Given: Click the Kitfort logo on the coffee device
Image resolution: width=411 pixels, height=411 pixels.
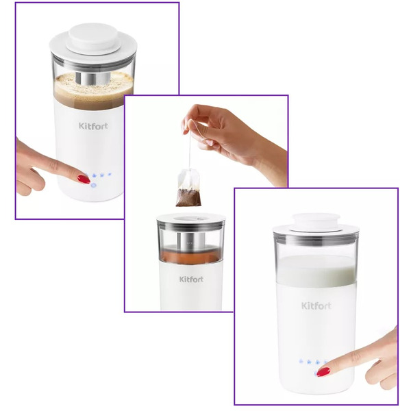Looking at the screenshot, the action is point(93,126).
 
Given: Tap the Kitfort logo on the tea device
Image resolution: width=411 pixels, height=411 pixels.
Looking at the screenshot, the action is point(191,279).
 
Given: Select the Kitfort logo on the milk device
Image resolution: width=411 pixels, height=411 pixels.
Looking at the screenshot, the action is point(316,306).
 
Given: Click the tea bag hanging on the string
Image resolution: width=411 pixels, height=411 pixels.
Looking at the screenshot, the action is point(189,188).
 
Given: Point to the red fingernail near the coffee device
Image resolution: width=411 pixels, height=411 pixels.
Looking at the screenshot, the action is point(84,179).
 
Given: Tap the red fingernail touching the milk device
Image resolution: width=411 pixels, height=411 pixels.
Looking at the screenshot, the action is point(323,372).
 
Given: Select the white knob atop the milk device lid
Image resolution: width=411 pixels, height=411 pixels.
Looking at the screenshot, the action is point(316,221).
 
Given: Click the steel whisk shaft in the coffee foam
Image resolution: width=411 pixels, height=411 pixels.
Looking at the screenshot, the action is point(92,78).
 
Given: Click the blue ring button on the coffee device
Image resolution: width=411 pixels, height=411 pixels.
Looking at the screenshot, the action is point(93,186).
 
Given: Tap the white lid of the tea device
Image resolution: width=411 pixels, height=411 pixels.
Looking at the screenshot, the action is point(191,218).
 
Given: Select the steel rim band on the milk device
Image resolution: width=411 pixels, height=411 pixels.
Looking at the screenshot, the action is point(316,238).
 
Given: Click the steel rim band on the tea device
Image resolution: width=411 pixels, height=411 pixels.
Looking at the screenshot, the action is point(191,225).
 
